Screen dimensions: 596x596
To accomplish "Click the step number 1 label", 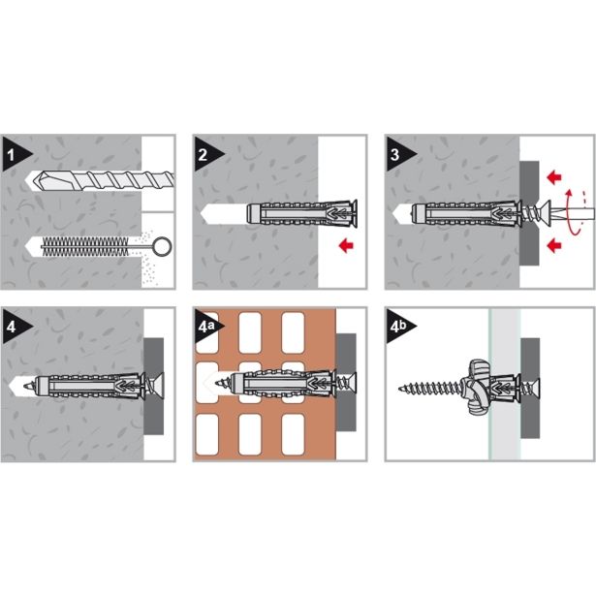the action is (x=11, y=155).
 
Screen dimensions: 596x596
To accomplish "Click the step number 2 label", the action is (x=203, y=155).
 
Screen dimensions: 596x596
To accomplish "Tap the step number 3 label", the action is (x=395, y=155).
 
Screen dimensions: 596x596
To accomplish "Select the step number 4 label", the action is (x=11, y=327).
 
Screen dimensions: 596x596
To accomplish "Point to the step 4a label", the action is (x=206, y=327).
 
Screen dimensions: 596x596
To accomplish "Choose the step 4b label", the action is (x=398, y=327).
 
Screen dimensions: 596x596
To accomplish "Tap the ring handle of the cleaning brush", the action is (x=162, y=247).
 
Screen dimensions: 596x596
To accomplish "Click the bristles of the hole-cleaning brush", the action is (x=85, y=247).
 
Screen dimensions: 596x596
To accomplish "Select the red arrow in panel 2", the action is (x=346, y=245).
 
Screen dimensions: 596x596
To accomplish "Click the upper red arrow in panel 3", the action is (x=554, y=176).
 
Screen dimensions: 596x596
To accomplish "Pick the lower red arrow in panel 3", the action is (x=554, y=245).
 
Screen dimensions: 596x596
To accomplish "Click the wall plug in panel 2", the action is (x=301, y=214).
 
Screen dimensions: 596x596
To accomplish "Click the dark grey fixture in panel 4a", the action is (x=346, y=383).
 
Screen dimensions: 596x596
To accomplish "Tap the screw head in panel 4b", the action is (x=535, y=388).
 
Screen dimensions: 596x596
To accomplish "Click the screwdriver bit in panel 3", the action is (x=573, y=211).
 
